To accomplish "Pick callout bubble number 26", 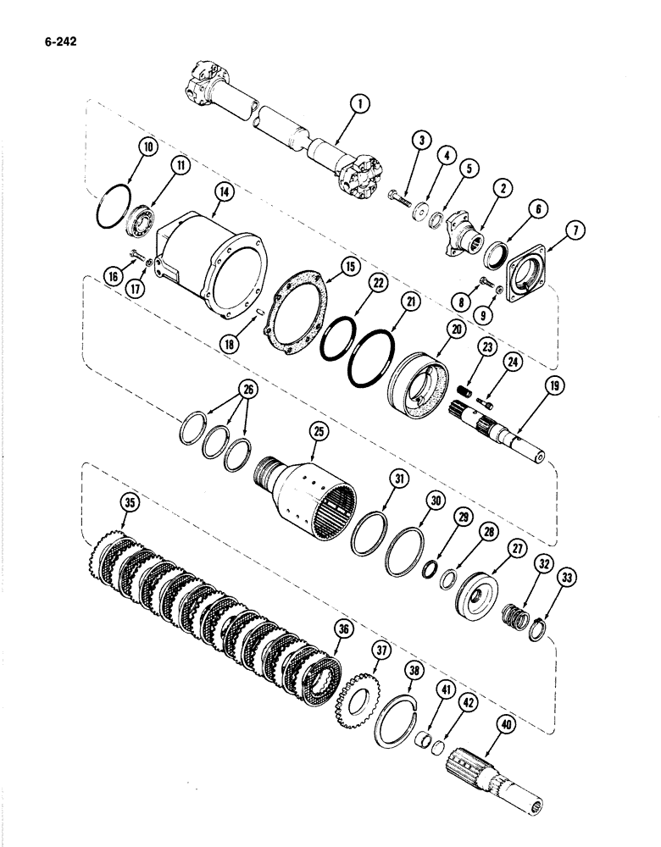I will pyautogui.click(x=225, y=390).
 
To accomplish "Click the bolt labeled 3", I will pyautogui.click(x=399, y=200).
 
